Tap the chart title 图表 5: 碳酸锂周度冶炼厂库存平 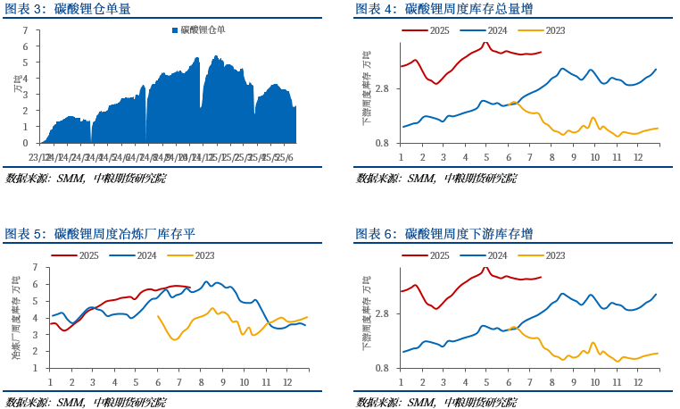tap(100, 234)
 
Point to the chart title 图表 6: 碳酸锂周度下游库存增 tap(444, 234)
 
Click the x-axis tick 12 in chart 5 tap(287, 381)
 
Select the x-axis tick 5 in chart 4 tap(487, 157)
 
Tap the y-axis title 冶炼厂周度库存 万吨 tap(16, 318)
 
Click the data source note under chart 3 tap(86, 178)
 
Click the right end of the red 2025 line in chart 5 tap(190, 287)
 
